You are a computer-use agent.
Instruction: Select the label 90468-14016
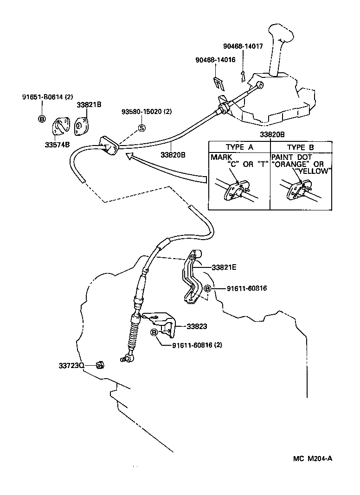pos(215,60)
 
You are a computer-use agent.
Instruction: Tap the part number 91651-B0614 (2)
pos(48,97)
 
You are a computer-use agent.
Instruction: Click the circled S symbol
pos(142,128)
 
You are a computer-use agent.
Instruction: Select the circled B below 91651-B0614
pos(42,119)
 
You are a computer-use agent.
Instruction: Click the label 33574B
pos(57,145)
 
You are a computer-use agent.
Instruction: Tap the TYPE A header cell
pos(240,147)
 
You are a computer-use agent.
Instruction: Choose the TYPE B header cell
pos(302,147)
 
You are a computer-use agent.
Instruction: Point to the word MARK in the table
pos(221,157)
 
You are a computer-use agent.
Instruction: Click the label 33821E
pos(224,267)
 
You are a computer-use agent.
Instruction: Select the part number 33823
pos(197,326)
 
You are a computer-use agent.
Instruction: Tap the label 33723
pos(70,366)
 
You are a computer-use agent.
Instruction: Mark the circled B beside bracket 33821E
pos(208,289)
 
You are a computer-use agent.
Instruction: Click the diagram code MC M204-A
pos(312,459)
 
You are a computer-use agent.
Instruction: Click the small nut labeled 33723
pos(98,366)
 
